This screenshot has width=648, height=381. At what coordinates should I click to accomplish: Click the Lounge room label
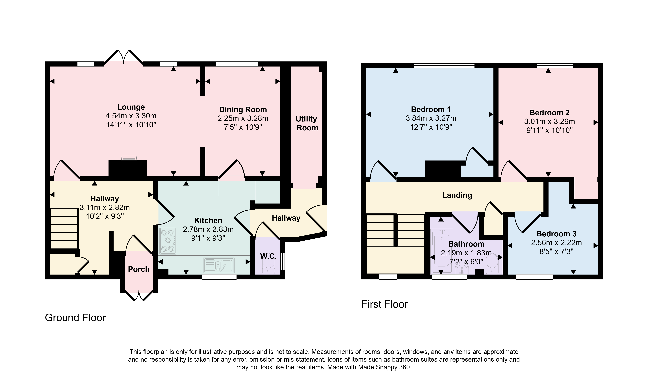click(131, 107)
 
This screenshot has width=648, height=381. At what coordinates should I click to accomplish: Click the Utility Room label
click(307, 123)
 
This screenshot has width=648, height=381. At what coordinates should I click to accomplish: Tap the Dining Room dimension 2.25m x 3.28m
click(243, 119)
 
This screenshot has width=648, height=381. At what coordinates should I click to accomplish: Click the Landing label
click(457, 195)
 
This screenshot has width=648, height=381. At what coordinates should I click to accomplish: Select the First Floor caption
click(384, 304)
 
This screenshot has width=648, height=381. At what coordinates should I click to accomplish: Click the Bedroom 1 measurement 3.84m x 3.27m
click(431, 118)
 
